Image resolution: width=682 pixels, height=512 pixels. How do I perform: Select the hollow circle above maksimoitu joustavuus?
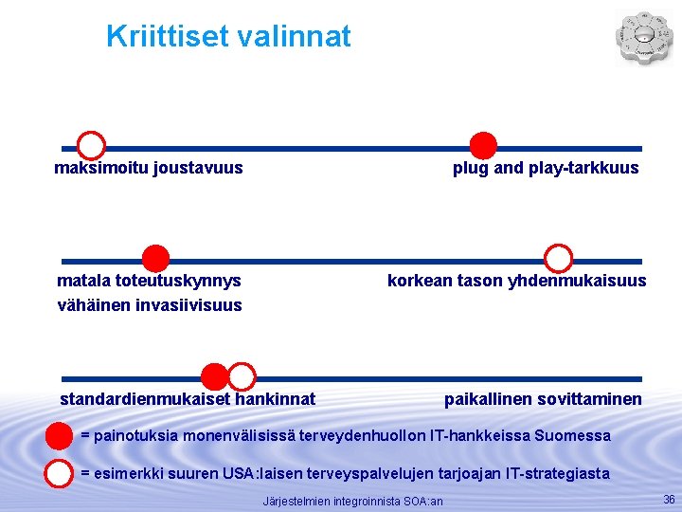[91, 146]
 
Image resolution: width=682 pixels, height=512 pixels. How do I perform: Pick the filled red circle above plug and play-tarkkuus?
[483, 146]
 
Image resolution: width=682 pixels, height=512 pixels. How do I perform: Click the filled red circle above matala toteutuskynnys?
[155, 258]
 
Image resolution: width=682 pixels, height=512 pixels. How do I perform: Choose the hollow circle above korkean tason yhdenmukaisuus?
[559, 258]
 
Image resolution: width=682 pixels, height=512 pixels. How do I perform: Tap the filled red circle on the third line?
[216, 376]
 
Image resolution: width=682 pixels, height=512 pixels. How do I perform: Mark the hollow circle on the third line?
[242, 376]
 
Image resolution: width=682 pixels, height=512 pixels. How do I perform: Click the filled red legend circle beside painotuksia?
[60, 436]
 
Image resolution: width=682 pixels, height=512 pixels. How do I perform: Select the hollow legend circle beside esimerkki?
[60, 472]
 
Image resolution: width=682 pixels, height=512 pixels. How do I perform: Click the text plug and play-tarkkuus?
[546, 169]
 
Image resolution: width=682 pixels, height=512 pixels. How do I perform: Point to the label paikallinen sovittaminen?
[543, 399]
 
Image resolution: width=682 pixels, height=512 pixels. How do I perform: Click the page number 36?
[669, 499]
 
